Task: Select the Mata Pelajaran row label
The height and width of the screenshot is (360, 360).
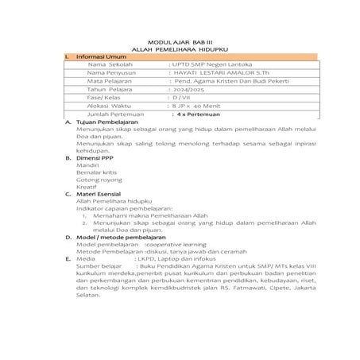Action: [111, 92]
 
